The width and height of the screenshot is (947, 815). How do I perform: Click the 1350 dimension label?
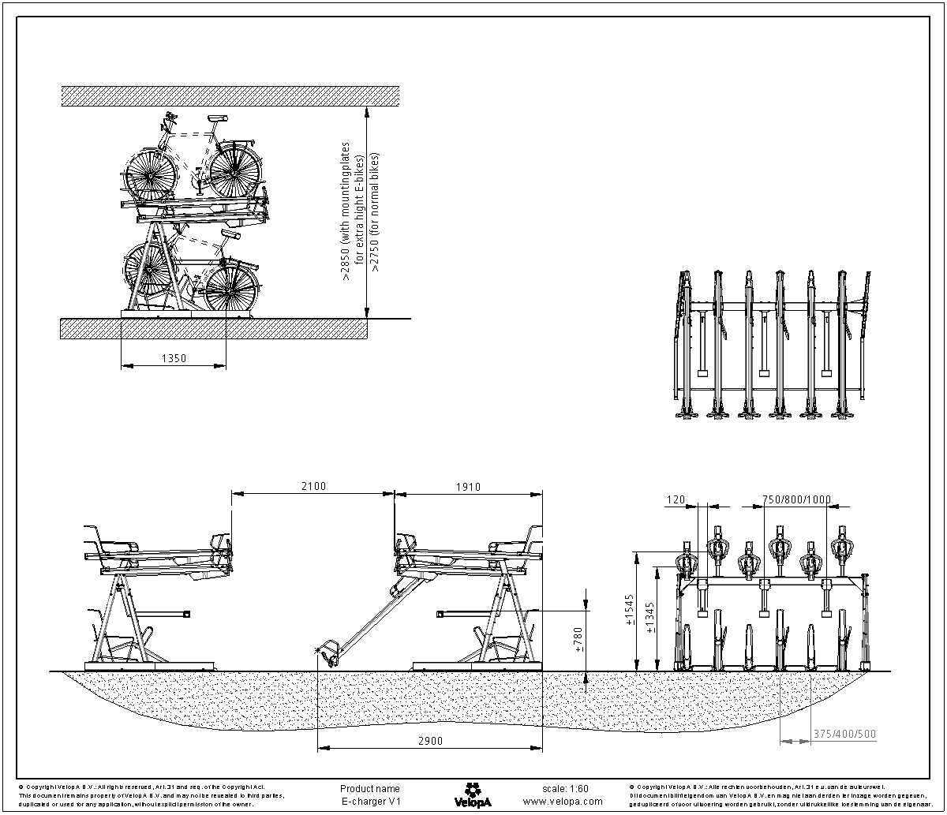pyautogui.click(x=174, y=358)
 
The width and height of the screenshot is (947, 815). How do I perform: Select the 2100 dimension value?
pyautogui.click(x=313, y=487)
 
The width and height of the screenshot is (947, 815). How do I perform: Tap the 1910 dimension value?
pyautogui.click(x=468, y=487)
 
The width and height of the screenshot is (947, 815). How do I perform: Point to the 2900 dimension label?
pyautogui.click(x=430, y=741)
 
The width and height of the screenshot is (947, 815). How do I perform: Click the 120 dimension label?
pyautogui.click(x=676, y=499)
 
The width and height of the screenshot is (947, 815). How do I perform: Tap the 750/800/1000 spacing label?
pyautogui.click(x=796, y=499)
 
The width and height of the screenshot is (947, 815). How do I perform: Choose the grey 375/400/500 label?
pyautogui.click(x=844, y=735)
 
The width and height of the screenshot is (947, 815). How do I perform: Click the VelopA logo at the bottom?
pyautogui.click(x=473, y=794)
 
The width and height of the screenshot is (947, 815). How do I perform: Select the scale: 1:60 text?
pyautogui.click(x=565, y=788)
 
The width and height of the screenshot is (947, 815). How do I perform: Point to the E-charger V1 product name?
pyautogui.click(x=370, y=801)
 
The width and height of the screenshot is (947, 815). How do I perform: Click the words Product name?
pyautogui.click(x=369, y=788)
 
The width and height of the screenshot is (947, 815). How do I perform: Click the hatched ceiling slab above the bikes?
pyautogui.click(x=230, y=95)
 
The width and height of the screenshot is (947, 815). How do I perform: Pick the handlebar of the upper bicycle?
pyautogui.click(x=168, y=122)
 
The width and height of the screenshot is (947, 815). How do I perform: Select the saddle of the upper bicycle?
pyautogui.click(x=218, y=118)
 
